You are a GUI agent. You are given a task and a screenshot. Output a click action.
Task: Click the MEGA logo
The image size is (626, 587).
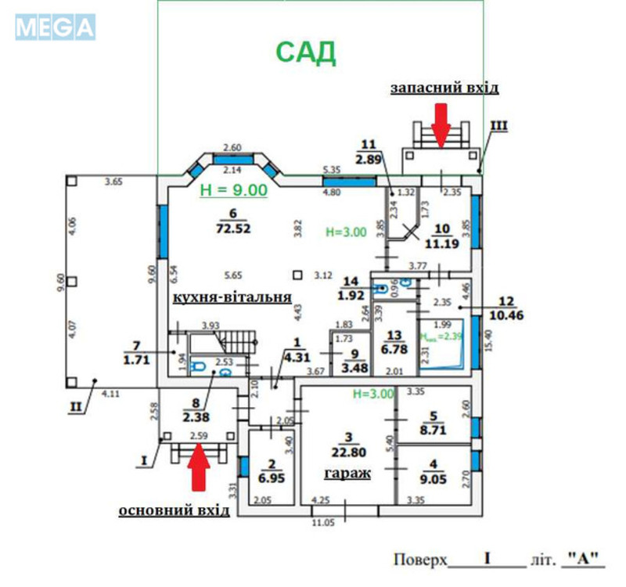point(55,27)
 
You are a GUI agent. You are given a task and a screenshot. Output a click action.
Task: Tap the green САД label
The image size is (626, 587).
point(306,52)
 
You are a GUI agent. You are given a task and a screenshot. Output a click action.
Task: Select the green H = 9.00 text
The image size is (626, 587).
point(233,189)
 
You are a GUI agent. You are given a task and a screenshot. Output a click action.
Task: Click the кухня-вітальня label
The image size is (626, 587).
point(232,297)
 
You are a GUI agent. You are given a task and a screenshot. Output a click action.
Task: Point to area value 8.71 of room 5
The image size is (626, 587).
point(433,428)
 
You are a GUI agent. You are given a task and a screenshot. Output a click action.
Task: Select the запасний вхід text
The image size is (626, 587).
point(444,88)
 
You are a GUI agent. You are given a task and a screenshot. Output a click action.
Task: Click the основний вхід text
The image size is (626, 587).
point(174,510)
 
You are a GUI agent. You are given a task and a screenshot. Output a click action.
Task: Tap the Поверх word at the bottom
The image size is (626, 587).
point(419,560)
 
